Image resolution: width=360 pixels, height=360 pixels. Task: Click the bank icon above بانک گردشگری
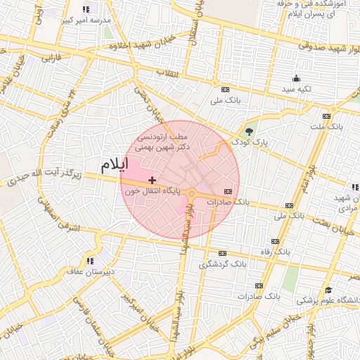(x=223, y=254)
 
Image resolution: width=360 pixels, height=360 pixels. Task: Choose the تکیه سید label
(x=296, y=89)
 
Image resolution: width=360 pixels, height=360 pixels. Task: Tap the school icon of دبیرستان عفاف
(x=89, y=261)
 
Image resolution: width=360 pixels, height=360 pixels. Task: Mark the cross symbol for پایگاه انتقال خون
(x=153, y=181)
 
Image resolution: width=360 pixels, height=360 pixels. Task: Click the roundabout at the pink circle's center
(x=192, y=192)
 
